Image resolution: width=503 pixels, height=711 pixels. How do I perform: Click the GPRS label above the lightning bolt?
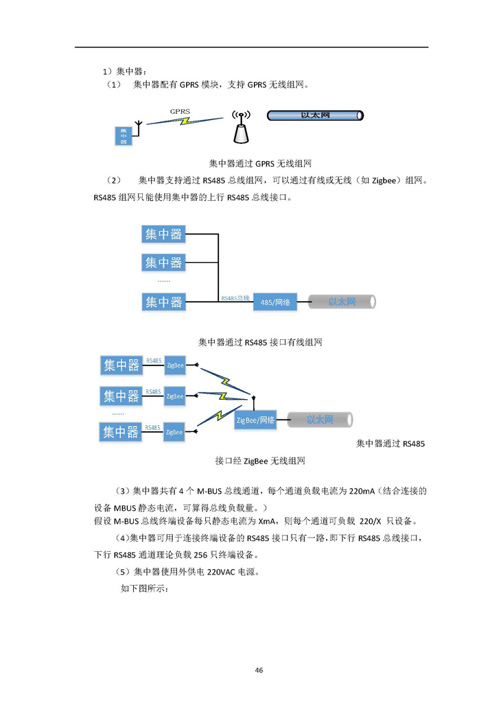pos(180,110)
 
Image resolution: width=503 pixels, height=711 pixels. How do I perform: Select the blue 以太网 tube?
pos(315,115)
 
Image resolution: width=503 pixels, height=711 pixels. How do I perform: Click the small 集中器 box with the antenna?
pos(124,136)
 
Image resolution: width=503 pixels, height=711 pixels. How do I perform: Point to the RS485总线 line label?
pos(235,298)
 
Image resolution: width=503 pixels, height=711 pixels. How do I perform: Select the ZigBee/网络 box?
pos(256,420)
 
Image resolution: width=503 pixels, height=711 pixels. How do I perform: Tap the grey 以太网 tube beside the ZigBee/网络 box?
pos(319,420)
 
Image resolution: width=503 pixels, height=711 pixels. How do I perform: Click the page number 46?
pos(259,670)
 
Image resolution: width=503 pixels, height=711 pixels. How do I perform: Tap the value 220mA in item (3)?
pos(362,491)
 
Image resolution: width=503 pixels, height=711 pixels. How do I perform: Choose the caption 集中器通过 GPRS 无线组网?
pos(260,164)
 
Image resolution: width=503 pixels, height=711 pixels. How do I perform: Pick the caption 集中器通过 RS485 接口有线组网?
pos(260,341)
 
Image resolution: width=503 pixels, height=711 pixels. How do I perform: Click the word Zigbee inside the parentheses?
pos(386,181)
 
